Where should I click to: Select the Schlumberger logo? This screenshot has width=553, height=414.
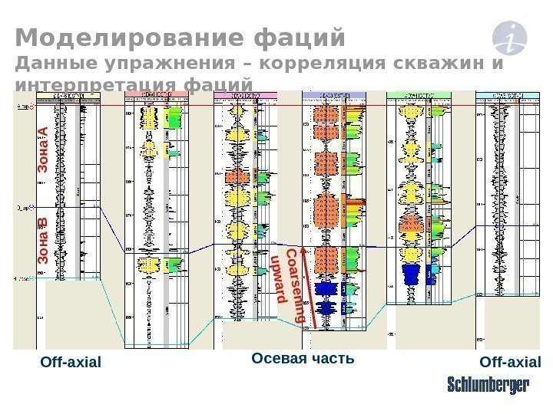point(488,386)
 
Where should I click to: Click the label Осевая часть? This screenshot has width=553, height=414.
point(303,358)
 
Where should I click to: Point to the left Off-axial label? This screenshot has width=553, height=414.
point(71,361)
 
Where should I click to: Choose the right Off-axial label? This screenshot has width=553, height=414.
point(510,361)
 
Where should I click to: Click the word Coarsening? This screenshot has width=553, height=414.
point(294,284)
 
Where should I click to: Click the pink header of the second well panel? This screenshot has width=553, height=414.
point(156,95)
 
